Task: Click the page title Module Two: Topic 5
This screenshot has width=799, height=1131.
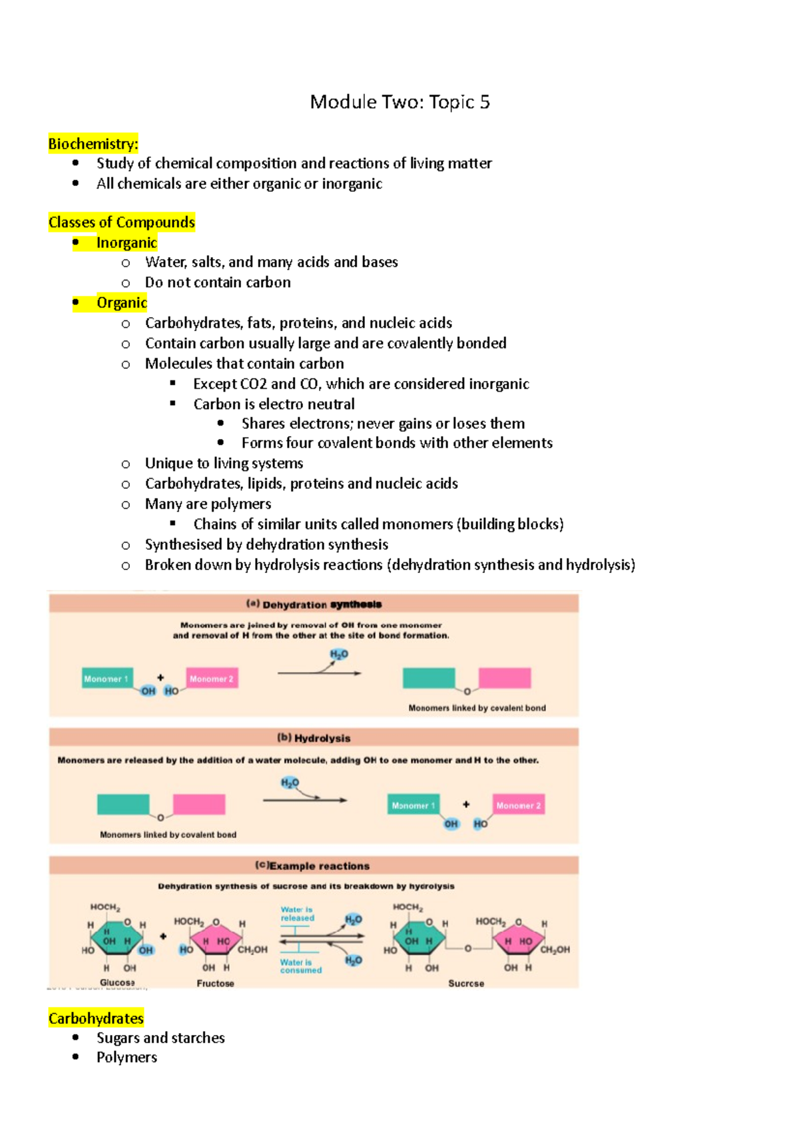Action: [400, 102]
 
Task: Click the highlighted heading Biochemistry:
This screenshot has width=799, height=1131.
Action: [93, 143]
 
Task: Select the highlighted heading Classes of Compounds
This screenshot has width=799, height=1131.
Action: [121, 222]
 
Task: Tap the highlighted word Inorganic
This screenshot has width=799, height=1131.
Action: [127, 242]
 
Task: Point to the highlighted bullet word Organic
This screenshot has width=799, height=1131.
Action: [121, 302]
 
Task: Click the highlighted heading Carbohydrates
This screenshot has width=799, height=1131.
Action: [96, 1018]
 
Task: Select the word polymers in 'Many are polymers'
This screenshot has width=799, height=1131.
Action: [242, 504]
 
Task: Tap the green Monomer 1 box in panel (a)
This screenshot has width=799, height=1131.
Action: [107, 678]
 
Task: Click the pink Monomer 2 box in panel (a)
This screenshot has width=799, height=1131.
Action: [212, 678]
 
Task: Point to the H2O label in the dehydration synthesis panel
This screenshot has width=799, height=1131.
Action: [339, 654]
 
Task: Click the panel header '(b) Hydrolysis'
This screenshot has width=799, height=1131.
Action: [314, 738]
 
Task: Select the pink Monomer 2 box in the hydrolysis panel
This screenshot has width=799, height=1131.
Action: [518, 805]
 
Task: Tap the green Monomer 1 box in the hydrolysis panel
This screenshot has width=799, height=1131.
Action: [413, 805]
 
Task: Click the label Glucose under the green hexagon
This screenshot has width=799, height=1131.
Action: [117, 982]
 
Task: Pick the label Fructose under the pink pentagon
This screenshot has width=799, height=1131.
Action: [215, 983]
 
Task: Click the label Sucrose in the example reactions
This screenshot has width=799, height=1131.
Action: [466, 983]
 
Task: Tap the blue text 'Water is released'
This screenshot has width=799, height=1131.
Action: [297, 913]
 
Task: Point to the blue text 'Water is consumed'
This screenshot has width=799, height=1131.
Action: [300, 966]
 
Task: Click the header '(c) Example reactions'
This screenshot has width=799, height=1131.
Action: [312, 866]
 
